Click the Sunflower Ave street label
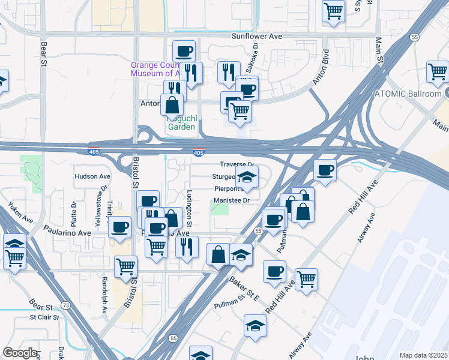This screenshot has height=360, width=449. (x=257, y=37)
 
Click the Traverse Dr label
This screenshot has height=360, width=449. (x=238, y=164)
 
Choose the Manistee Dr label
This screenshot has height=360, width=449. (x=232, y=200)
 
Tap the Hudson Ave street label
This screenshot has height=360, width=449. (x=92, y=176)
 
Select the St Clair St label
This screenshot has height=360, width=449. (x=44, y=317)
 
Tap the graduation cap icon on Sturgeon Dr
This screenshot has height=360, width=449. (x=246, y=176)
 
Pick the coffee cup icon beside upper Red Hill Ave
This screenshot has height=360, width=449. (x=325, y=170)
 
